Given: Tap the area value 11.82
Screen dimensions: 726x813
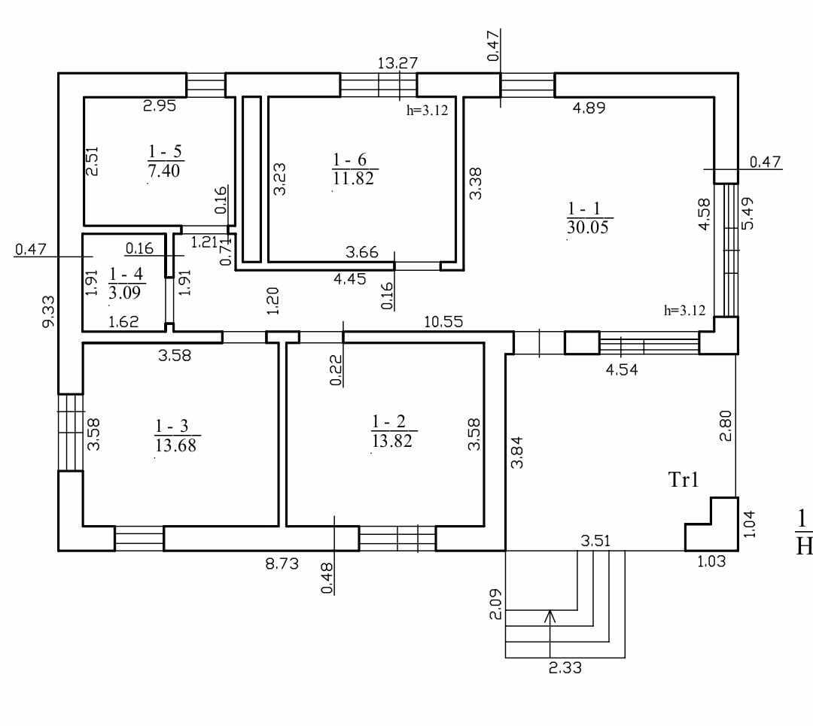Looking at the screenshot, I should (355, 178).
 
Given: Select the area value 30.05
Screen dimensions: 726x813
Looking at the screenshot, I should (588, 227).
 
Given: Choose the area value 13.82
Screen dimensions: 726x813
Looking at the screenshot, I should (394, 441).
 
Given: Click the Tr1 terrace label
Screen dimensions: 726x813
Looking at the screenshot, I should (684, 480).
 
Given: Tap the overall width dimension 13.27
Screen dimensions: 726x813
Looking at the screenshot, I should (397, 62).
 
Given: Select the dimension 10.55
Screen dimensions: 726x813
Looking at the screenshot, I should (443, 321).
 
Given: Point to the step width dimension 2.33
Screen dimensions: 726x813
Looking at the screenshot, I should (565, 667).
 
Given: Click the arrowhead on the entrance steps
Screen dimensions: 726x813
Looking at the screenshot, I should (550, 615).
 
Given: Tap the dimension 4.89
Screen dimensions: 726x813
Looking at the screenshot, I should (589, 108).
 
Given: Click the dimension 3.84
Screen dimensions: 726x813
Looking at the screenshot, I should (518, 452).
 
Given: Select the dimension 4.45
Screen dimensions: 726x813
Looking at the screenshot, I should (351, 278).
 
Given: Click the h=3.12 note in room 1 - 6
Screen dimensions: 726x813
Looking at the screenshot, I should (427, 110).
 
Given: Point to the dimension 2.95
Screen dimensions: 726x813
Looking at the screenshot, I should (160, 106).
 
